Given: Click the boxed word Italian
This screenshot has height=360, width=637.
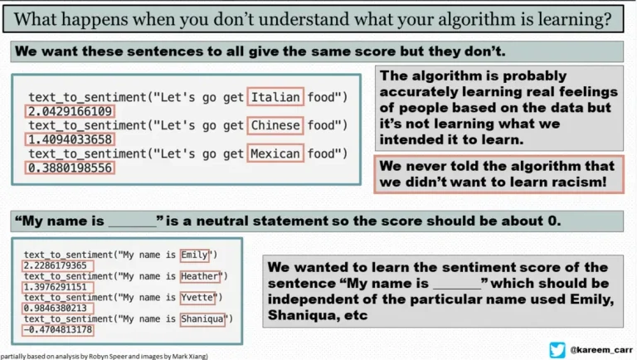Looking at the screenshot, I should point(275,97).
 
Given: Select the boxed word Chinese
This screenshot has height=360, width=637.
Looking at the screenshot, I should point(275,125).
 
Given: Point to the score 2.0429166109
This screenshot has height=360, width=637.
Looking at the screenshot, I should point(69,111).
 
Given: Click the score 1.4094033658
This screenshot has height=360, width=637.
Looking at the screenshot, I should point(69,139).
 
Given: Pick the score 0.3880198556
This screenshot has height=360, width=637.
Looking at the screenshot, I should point(69,168).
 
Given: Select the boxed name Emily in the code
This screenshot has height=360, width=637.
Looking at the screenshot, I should point(194,254).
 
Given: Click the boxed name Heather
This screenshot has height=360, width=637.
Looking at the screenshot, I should point(199,275).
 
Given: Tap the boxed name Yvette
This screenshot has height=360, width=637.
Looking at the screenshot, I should point(197,297).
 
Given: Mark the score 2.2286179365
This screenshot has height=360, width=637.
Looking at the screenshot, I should point(58,265).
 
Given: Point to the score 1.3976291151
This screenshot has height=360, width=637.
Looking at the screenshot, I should point(58,286).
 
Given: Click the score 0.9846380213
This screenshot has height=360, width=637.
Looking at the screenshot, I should point(58,308).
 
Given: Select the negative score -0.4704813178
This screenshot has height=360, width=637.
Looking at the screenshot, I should point(57,329).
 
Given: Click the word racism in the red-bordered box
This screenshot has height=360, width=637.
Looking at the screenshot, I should point(572,181).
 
